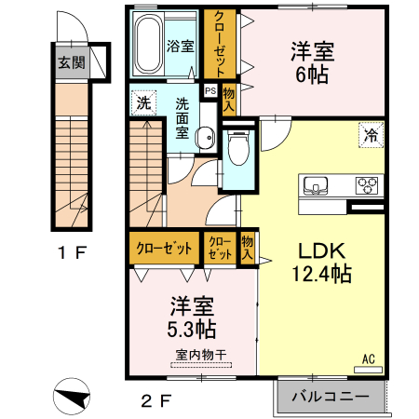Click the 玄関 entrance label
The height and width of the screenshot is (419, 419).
(x=70, y=63)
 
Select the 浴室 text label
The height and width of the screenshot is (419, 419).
(x=180, y=46)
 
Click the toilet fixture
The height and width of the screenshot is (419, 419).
(x=238, y=146)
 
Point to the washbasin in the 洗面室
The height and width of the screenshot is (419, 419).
(x=205, y=132)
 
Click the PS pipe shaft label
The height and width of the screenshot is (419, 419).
(x=210, y=91)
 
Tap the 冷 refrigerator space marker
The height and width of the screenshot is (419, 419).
(x=372, y=136)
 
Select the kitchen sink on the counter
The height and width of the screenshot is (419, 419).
(x=317, y=183)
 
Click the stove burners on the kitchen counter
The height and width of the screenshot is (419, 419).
(x=366, y=183)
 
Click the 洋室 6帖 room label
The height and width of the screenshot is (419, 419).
(x=312, y=63)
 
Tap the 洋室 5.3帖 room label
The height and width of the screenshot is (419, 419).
(x=193, y=317)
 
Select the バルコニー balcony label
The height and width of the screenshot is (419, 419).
(x=330, y=396)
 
